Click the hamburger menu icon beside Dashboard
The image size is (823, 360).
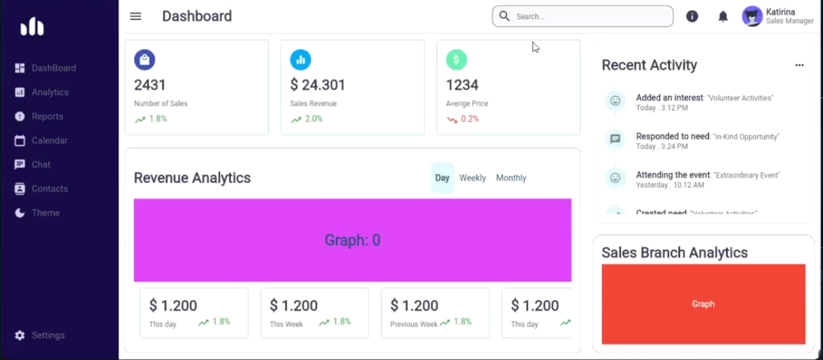(x=136, y=16)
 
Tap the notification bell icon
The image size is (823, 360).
(x=723, y=16)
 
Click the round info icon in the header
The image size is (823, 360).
(x=692, y=16)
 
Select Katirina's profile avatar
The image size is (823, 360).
(x=752, y=16)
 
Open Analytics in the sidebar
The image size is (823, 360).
(x=49, y=92)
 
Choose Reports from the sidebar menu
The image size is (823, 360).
(x=47, y=116)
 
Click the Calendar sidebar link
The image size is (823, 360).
(x=49, y=141)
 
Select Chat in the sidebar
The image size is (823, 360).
(x=41, y=165)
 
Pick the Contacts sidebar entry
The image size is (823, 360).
(x=49, y=189)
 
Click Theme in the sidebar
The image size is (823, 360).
(x=45, y=213)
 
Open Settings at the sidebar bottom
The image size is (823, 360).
(x=48, y=335)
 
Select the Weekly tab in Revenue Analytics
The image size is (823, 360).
(x=473, y=178)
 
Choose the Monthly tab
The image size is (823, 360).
(x=511, y=178)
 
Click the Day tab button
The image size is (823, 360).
(x=442, y=178)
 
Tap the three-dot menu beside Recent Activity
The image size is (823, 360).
(x=799, y=65)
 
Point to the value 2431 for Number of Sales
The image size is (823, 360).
(x=150, y=85)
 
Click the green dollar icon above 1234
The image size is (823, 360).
(x=456, y=60)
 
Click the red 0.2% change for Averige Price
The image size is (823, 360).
(x=470, y=119)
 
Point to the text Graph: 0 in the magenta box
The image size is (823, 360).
(x=353, y=241)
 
